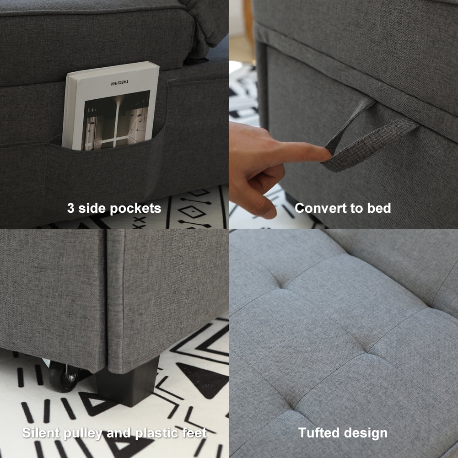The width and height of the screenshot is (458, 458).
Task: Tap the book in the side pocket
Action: [111, 108]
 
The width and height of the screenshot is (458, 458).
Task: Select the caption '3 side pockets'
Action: [114, 209]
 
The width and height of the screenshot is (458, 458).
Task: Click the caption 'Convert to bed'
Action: [343, 208]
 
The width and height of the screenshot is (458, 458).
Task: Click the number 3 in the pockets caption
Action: [71, 209]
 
